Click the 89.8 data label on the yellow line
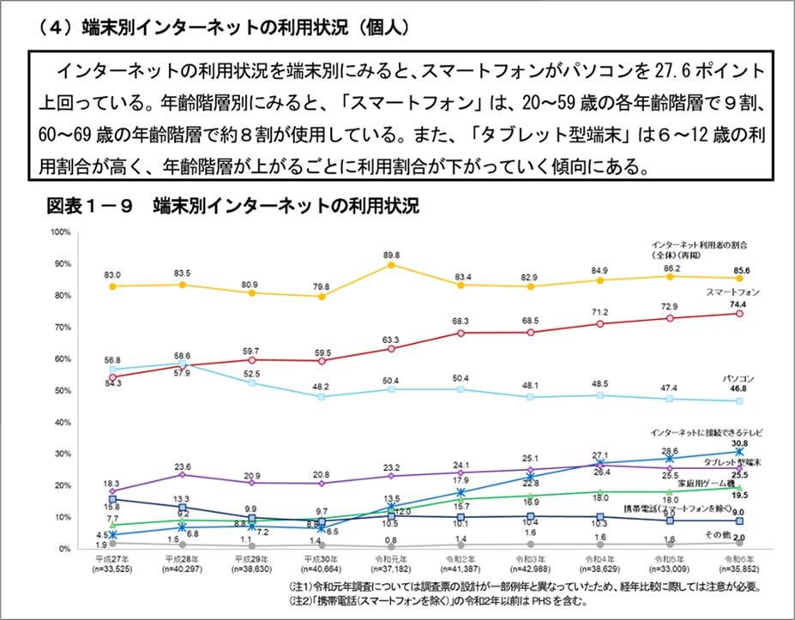(392, 255)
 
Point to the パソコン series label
(738, 377)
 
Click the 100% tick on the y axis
(60, 232)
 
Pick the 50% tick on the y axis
(63, 391)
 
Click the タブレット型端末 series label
(733, 461)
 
